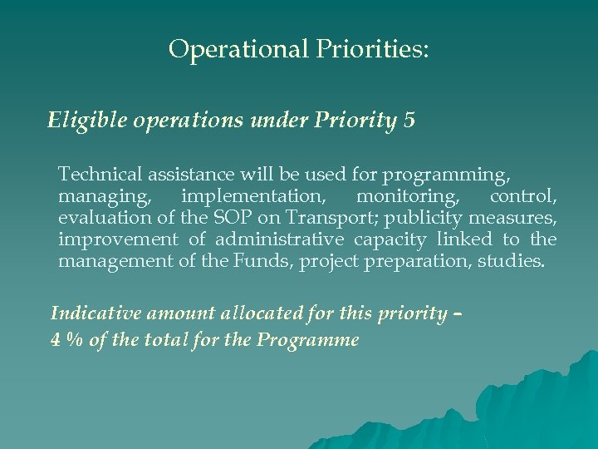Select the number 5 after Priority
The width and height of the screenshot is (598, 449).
coord(408,121)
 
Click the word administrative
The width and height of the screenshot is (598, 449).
coord(280,241)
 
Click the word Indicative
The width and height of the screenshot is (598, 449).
coord(96,313)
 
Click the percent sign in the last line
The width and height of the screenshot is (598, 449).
coord(75,340)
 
